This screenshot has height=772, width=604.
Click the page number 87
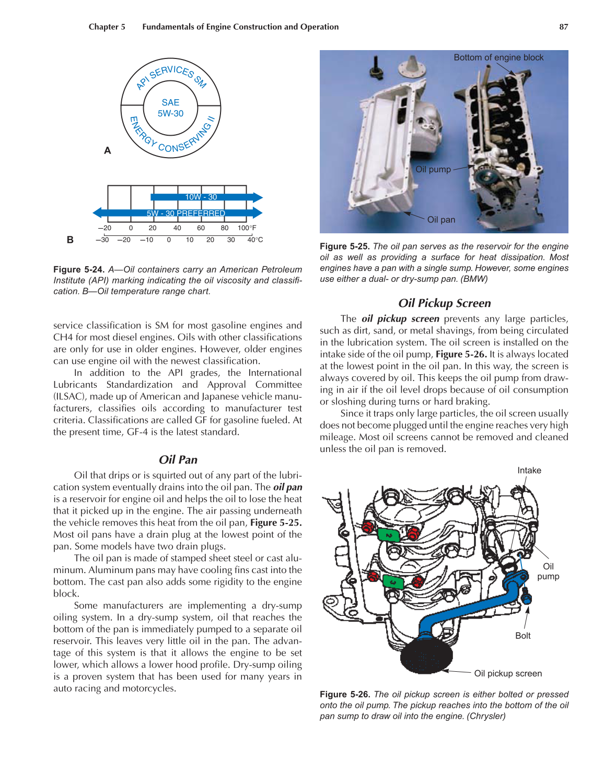click(x=563, y=27)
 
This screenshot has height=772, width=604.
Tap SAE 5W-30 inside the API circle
click(x=170, y=108)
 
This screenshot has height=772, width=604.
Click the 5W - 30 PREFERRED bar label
click(x=185, y=213)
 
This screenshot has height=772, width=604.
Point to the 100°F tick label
click(x=247, y=228)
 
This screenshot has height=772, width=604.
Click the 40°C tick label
click(x=255, y=240)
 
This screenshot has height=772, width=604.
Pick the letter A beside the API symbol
click(x=108, y=151)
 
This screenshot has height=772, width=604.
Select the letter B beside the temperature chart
click(x=70, y=240)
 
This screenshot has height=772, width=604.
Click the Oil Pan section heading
click(x=178, y=460)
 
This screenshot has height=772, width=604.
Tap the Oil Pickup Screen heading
click(x=444, y=303)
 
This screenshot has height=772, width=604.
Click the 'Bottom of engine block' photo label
click(x=498, y=57)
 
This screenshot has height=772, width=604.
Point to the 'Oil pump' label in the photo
click(x=433, y=169)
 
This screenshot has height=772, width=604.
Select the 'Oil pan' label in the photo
click(x=441, y=220)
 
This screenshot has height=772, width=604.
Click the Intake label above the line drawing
click(x=529, y=470)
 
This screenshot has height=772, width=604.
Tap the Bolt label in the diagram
click(x=522, y=636)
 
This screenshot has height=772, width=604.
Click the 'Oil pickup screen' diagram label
click(x=507, y=673)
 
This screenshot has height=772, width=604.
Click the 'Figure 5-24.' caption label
click(x=78, y=270)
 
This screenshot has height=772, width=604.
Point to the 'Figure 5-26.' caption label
click(x=345, y=694)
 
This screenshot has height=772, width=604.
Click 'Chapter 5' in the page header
click(x=107, y=27)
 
